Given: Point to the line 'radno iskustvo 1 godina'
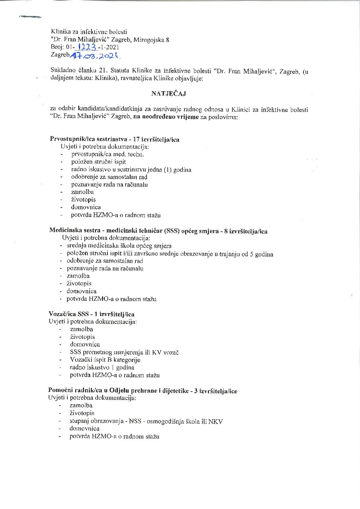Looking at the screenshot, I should (102, 367).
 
